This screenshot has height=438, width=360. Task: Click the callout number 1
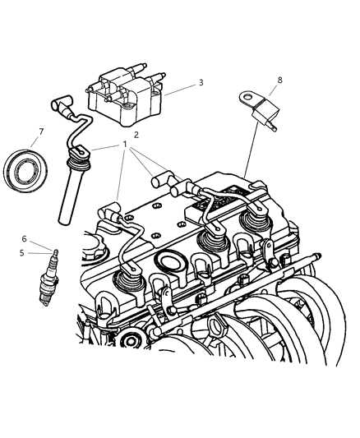click(125, 145)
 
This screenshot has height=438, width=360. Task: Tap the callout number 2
click(136, 134)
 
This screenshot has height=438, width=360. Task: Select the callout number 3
click(200, 83)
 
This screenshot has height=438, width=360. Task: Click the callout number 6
click(25, 239)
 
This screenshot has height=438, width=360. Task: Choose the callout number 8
click(279, 80)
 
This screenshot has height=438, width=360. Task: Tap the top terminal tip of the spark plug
click(55, 251)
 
